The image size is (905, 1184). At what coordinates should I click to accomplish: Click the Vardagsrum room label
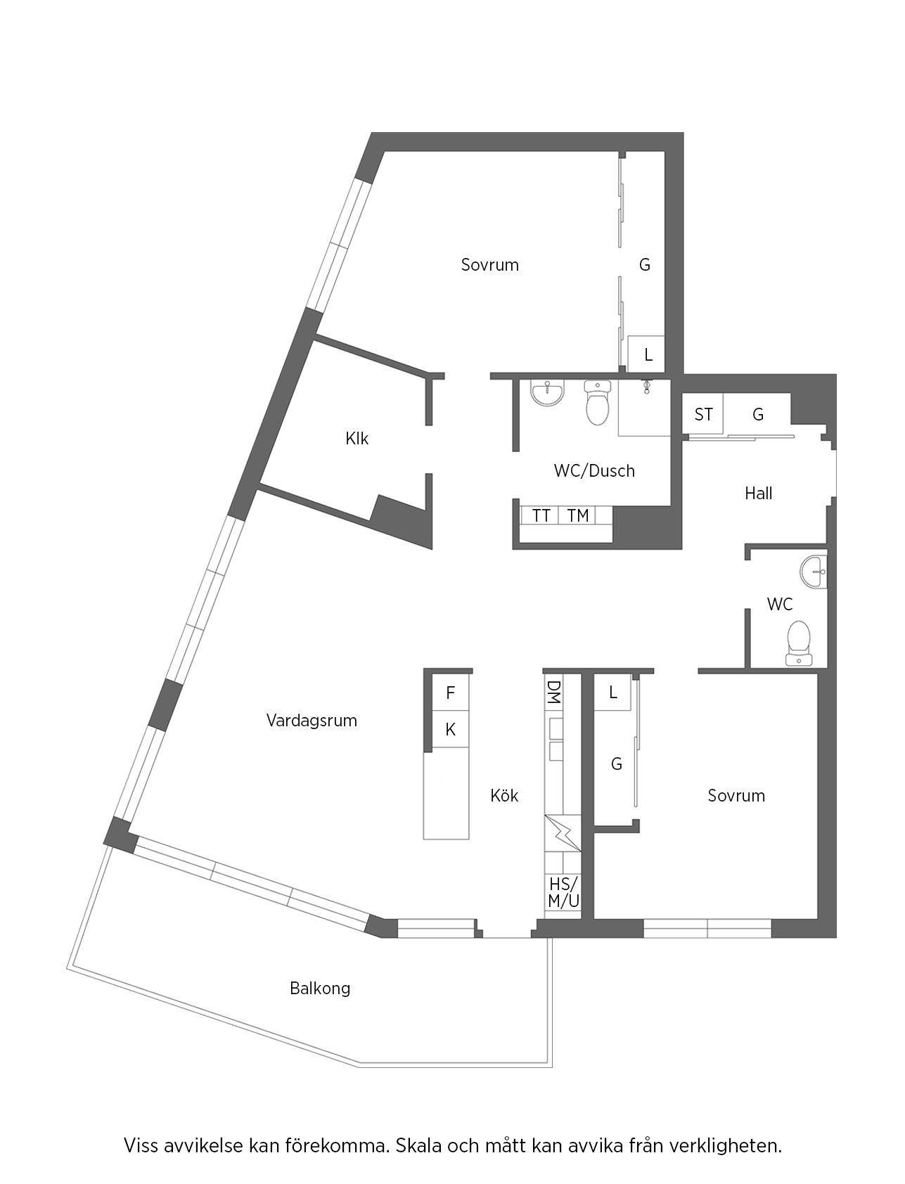pos(312,721)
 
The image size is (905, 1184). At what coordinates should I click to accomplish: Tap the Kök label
pos(504,795)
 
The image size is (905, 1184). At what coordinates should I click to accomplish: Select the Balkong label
pos(320,989)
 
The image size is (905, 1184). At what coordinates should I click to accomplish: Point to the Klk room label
pos(357,439)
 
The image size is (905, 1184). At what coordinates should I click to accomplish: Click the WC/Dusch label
pos(594,471)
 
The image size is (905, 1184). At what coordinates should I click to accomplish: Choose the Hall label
pos(759,494)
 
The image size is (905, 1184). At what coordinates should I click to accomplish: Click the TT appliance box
pos(540,515)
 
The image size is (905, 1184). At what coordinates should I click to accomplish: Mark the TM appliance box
pos(577,515)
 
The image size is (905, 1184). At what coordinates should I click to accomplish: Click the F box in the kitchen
pos(451,693)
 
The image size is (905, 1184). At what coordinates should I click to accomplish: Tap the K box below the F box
pos(451,731)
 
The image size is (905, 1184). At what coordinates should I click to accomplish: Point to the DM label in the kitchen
pos(553,692)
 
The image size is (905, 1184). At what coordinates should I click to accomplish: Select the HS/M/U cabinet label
pos(563,892)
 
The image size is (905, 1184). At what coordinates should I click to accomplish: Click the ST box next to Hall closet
pos(703,414)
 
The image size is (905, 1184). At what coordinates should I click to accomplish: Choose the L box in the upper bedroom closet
pos(647,354)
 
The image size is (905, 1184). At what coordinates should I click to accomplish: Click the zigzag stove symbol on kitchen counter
pos(563,832)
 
